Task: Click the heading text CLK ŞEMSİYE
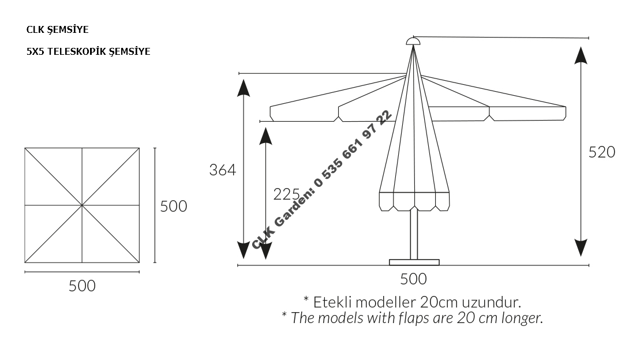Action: click(57, 29)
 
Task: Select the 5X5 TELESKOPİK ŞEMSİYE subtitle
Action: click(88, 51)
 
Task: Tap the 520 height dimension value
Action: click(602, 152)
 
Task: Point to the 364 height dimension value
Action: click(223, 170)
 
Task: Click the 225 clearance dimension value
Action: click(286, 194)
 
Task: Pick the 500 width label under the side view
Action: click(413, 279)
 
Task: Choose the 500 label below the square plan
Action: click(82, 286)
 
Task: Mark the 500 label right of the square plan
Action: click(174, 206)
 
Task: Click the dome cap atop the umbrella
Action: click(413, 40)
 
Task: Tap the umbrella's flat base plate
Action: click(414, 262)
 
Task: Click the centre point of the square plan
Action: click(82, 205)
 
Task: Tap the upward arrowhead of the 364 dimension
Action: click(244, 87)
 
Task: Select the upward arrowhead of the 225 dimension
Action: click(265, 135)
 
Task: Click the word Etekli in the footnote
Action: click(332, 302)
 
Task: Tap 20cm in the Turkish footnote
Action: click(435, 302)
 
